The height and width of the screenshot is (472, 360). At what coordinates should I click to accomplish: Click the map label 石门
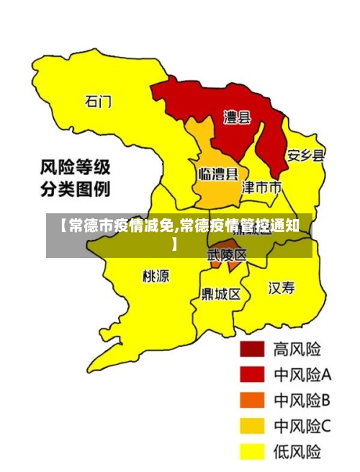99,101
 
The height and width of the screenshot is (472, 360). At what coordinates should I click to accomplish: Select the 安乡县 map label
306,155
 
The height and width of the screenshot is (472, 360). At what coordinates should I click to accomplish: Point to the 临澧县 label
218,174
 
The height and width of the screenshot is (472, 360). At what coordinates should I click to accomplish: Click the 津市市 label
261,187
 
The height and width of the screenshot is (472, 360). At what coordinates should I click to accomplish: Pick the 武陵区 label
228,255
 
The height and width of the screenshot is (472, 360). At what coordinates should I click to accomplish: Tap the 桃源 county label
156,275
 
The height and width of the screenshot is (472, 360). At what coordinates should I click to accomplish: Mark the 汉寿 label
282,288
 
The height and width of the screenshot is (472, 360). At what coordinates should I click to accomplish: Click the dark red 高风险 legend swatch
253,349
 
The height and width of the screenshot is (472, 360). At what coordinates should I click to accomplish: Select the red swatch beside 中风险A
253,375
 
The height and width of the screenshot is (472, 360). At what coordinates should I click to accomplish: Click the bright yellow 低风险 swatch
253,452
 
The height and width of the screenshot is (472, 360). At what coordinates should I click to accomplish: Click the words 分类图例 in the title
75,191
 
